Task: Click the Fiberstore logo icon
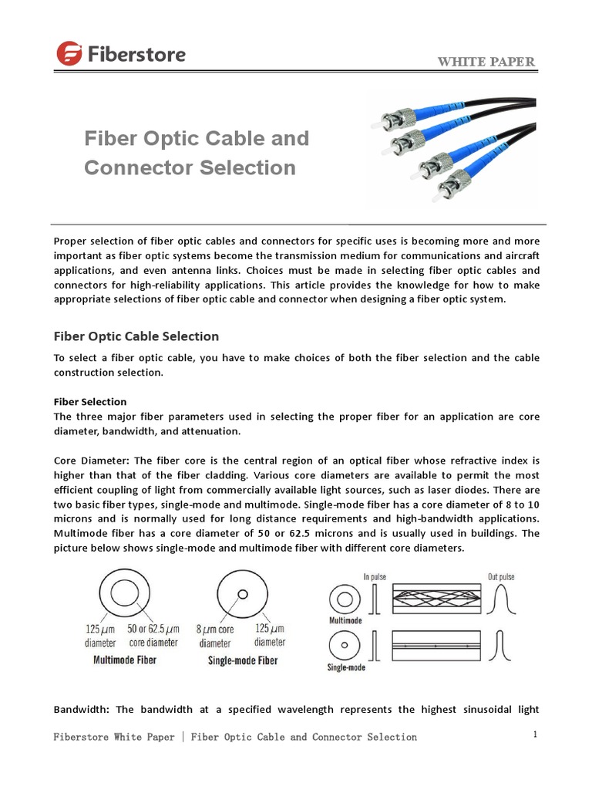pos(70,53)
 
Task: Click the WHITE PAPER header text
pos(486,62)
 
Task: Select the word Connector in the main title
pos(130,167)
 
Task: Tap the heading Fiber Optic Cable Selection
pos(136,336)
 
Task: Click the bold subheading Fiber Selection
pos(89,402)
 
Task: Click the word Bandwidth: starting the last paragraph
pos(82,710)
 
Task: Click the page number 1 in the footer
pos(534,734)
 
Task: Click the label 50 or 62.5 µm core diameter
pos(153,636)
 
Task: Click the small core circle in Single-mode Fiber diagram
pos(242,595)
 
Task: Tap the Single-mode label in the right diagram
pos(346,667)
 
